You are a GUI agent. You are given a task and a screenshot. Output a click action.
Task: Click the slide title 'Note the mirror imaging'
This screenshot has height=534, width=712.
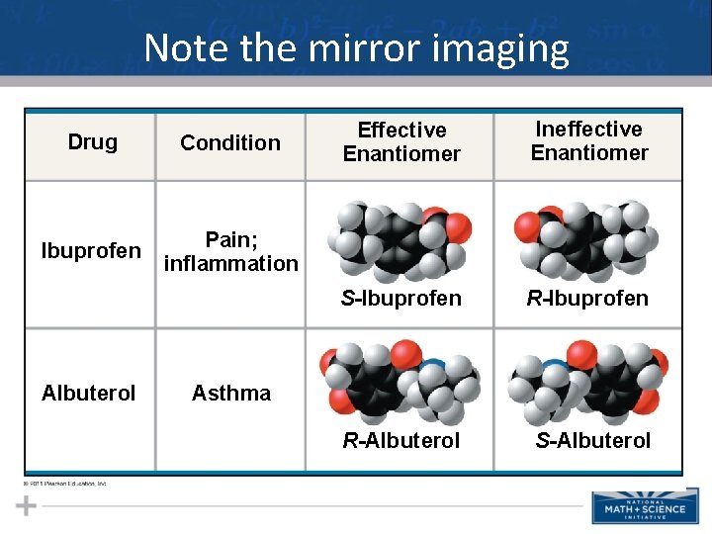(x=356, y=47)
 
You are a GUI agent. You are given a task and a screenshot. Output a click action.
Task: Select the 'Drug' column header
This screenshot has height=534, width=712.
(x=92, y=141)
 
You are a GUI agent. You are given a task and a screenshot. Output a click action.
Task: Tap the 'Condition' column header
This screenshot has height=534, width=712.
(x=230, y=142)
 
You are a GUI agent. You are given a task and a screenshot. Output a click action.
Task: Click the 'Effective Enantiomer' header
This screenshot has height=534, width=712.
(x=401, y=141)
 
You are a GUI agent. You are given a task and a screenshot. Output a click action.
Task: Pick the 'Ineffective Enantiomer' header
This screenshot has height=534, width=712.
(x=589, y=140)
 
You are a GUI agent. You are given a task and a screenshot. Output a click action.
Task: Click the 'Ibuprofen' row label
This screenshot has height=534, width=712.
(x=91, y=251)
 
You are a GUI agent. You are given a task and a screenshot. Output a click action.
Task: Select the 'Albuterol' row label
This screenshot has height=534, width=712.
(x=89, y=393)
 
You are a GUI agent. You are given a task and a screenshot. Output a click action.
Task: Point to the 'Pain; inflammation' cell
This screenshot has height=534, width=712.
(x=231, y=251)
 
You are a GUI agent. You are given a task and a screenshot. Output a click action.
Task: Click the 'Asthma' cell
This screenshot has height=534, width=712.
(x=231, y=393)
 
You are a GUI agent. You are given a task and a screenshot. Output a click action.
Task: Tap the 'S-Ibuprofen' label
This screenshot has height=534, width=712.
(x=401, y=298)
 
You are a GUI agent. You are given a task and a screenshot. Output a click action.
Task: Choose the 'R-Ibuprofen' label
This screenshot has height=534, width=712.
(x=587, y=298)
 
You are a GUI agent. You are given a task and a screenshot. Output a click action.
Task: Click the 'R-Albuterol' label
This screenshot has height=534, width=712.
(x=401, y=440)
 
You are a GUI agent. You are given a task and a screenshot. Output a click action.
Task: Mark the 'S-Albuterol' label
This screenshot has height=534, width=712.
(x=593, y=440)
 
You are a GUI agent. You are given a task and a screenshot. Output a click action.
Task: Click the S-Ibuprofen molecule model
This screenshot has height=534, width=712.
(x=400, y=241)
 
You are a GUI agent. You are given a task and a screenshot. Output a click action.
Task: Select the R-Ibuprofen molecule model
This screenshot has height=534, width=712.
(x=586, y=240)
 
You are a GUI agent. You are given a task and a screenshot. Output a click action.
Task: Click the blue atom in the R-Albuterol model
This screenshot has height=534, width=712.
(x=428, y=367)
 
